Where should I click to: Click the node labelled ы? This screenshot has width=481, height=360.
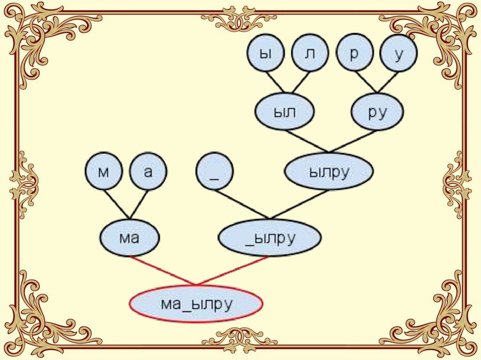(266, 53)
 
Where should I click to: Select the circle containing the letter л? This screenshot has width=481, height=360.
(310, 53)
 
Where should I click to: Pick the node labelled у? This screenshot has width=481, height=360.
(399, 53)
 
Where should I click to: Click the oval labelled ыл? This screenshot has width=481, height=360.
(285, 112)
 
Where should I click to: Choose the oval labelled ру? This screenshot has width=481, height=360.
(377, 112)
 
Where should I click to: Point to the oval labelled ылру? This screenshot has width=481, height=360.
(329, 171)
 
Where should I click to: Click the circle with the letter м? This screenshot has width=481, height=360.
(104, 172)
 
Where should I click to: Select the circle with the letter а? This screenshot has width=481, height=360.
(148, 172)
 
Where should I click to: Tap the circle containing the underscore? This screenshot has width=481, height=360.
(215, 172)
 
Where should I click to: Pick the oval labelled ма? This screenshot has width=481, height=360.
(130, 237)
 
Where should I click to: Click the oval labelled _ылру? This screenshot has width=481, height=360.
(270, 237)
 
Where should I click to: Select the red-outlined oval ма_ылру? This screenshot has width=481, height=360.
(196, 304)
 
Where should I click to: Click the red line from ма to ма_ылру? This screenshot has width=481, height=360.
(163, 271)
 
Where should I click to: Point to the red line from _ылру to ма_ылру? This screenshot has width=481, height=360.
(233, 271)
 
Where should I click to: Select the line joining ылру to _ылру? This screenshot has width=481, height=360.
(299, 204)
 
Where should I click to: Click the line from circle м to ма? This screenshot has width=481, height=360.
(116, 203)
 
